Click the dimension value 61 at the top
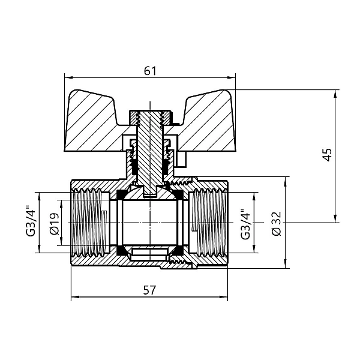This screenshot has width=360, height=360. [x=150, y=71]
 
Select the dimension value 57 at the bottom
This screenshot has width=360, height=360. [x=150, y=290]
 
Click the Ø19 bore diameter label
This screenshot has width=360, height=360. [x=52, y=223]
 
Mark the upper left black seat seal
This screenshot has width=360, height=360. [x=121, y=194]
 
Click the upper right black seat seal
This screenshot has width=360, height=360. [x=179, y=194]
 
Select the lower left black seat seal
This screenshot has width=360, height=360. [x=121, y=250]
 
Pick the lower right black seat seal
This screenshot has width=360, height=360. [x=179, y=250]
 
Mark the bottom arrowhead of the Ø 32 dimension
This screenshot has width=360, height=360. [x=284, y=263]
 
